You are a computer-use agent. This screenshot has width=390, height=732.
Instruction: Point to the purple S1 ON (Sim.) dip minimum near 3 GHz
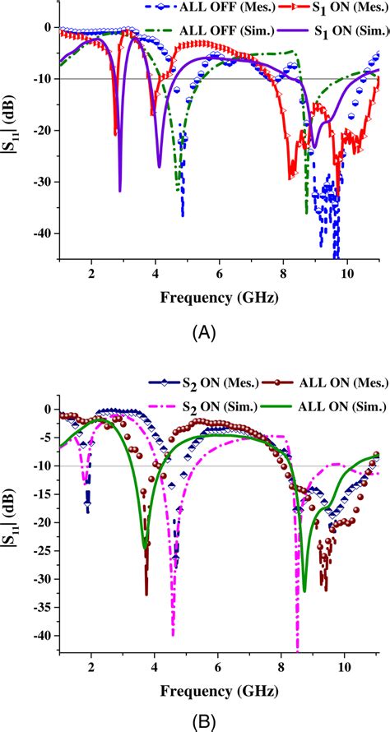[x=120, y=191]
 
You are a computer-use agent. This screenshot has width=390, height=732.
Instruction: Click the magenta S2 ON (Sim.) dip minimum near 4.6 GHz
[x=173, y=634]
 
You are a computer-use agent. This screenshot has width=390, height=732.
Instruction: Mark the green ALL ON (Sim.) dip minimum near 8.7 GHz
[x=304, y=591]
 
